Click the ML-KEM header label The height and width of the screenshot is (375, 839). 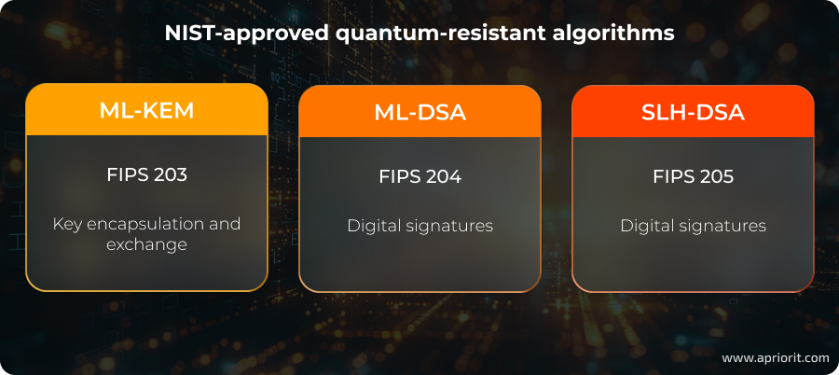pyautogui.click(x=146, y=110)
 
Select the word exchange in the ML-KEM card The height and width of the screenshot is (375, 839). pyautogui.click(x=146, y=244)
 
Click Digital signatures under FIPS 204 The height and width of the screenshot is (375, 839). pyautogui.click(x=419, y=226)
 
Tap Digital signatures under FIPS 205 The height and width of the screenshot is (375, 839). pyautogui.click(x=693, y=226)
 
